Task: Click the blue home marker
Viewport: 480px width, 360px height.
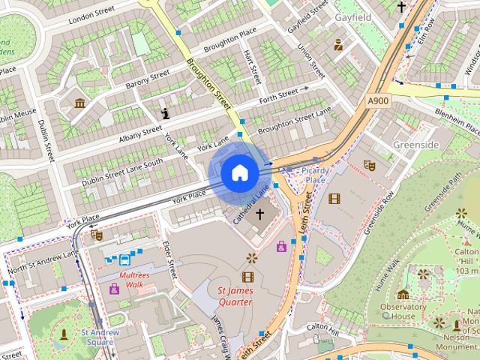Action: pos(239,173)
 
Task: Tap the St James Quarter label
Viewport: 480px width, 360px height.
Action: pos(235,296)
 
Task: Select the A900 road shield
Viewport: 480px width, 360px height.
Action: pos(377,100)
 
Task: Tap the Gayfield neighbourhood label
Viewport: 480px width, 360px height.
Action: pos(354,16)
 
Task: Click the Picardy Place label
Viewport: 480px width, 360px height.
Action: pos(314,175)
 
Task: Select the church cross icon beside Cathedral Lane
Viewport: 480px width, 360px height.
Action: pos(260,214)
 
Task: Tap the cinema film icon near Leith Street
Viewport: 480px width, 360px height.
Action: pos(334,198)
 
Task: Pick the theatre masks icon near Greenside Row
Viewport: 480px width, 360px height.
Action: pos(368,163)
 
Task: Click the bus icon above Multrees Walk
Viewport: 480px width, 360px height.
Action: pos(124,259)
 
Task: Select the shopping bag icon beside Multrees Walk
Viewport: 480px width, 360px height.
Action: pos(115,288)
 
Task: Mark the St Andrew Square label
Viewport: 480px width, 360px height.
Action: pos(97,337)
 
